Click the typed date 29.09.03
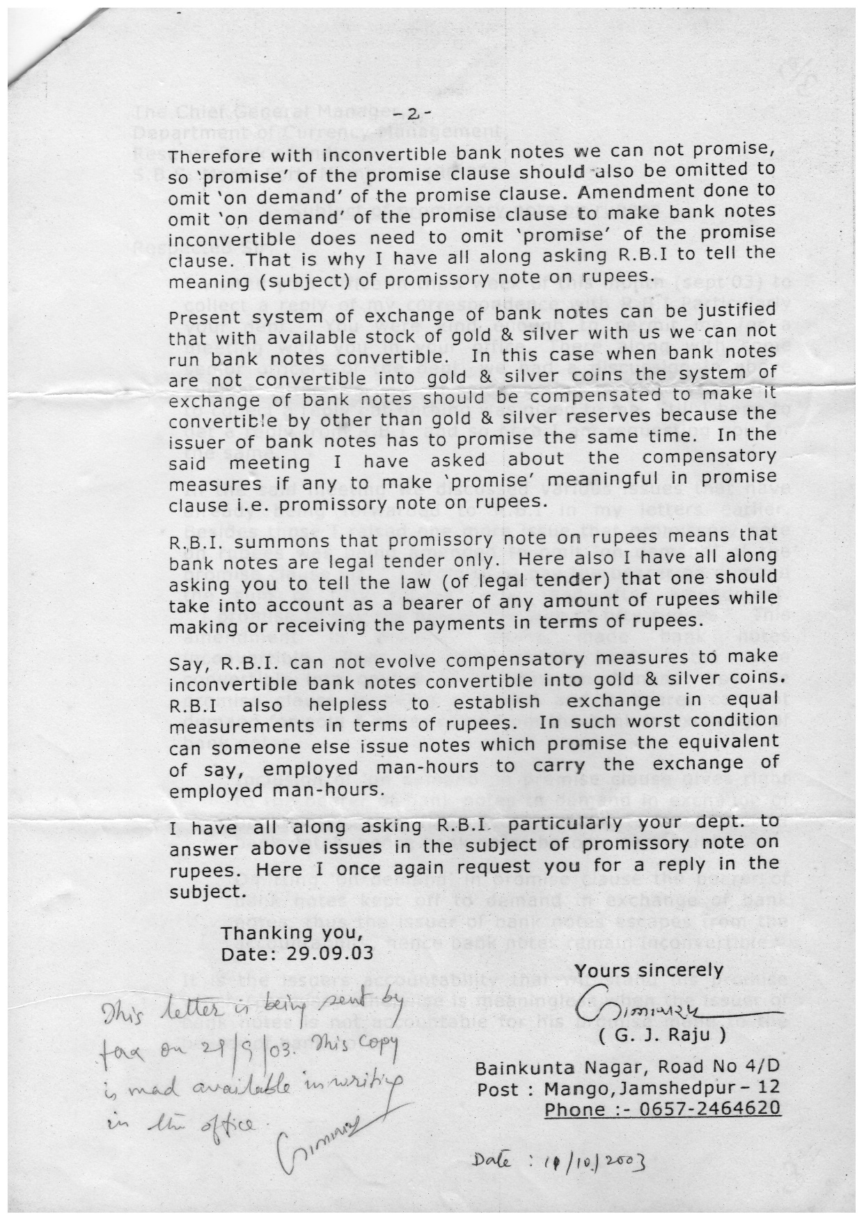(329, 954)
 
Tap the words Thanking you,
(292, 933)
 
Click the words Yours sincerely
(649, 971)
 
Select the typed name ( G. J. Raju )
(662, 1035)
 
